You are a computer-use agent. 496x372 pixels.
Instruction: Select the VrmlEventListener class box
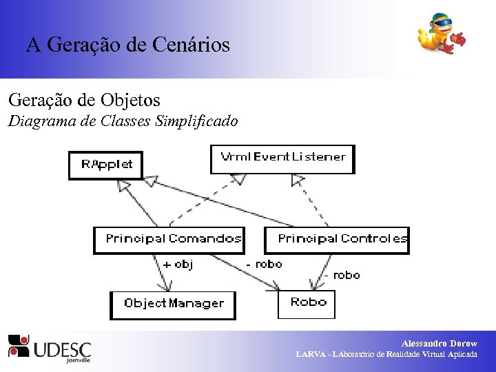tap(282, 158)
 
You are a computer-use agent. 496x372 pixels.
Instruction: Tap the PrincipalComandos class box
tap(169, 240)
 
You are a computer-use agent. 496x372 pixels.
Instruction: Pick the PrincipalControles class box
tap(338, 240)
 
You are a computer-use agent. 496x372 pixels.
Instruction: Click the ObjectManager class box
tap(173, 304)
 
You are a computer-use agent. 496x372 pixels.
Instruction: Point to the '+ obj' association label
tap(178, 264)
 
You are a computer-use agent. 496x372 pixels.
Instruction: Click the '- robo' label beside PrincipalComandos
tap(265, 264)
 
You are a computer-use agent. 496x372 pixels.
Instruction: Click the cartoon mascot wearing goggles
tap(441, 34)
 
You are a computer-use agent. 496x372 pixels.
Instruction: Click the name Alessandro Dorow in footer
tap(439, 343)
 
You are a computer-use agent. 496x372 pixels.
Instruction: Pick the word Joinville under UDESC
tap(79, 359)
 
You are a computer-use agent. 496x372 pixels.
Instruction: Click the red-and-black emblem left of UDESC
tap(19, 346)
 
